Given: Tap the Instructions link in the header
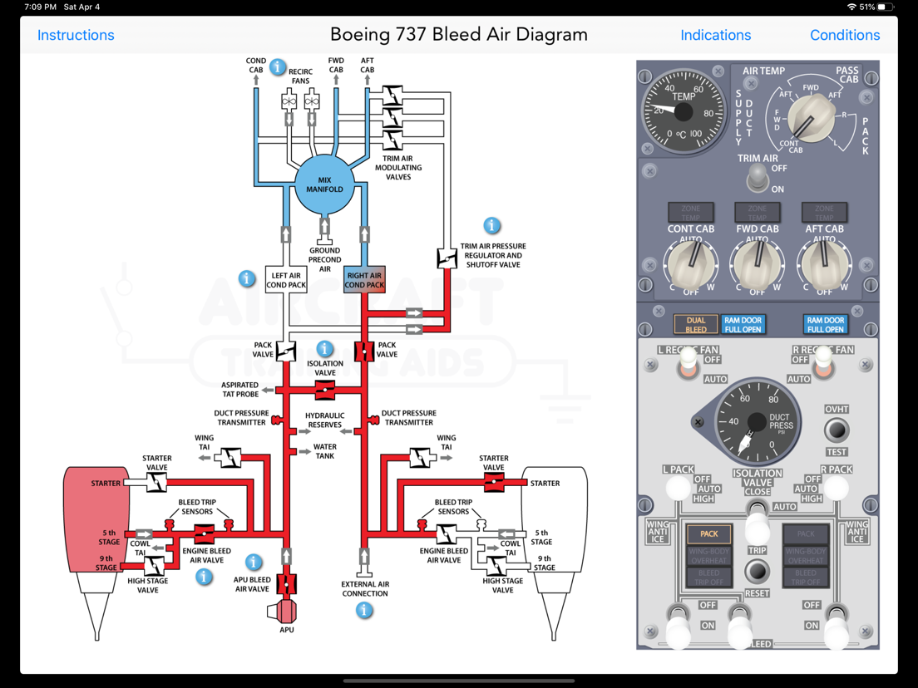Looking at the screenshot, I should point(76,35).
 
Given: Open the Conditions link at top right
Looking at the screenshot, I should point(844,35).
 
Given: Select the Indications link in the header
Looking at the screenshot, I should point(715,35).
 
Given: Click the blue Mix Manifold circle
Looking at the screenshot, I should point(324,184).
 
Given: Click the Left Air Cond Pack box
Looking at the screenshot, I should point(286,280).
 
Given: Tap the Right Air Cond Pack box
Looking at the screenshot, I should point(364,280).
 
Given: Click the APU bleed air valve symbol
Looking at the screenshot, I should point(287,584).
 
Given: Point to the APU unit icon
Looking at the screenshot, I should point(284,612).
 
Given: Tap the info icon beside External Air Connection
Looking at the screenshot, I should point(364,611).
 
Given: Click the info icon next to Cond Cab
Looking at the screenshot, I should point(278,67).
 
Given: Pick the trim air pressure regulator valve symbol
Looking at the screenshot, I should point(447,258).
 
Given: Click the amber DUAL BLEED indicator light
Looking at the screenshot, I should point(695,324).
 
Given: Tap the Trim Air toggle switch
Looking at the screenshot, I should point(757,176).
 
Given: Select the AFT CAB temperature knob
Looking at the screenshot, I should point(823,264).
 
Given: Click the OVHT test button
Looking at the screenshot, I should point(836,430).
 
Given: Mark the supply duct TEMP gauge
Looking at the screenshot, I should point(683,111).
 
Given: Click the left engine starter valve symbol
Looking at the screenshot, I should point(156,483).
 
